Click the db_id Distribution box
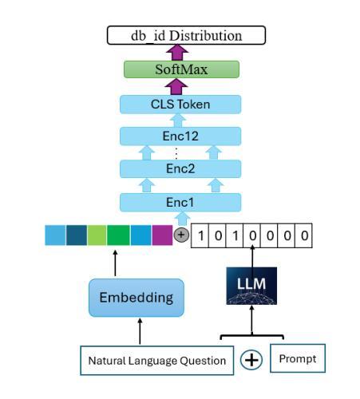[186, 35]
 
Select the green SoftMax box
[181, 69]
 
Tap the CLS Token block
[180, 105]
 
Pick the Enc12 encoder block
[180, 136]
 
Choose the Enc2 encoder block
[180, 168]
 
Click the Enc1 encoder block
[180, 203]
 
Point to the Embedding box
[136, 298]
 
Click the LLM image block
[251, 286]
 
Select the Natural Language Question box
[157, 361]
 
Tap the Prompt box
[298, 358]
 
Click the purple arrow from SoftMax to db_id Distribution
[177, 53]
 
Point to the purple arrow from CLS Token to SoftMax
[176, 86]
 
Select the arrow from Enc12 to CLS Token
[178, 120]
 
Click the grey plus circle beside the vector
[181, 235]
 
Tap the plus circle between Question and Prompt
[251, 360]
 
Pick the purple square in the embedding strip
[162, 235]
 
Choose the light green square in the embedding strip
[97, 235]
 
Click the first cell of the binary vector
[200, 235]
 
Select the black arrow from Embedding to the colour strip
[115, 263]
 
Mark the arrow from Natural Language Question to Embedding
[140, 331]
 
